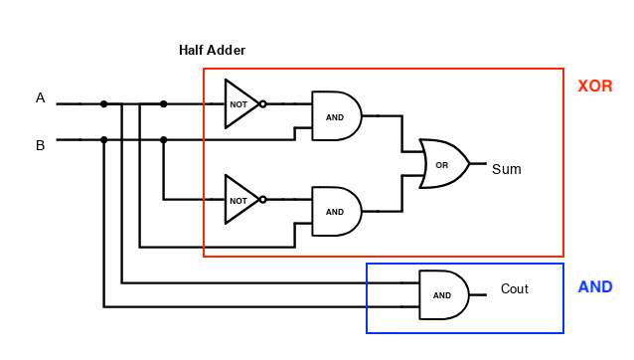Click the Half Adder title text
[212, 50]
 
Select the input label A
[41, 97]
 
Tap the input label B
[41, 145]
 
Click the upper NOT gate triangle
[239, 103]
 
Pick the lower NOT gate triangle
[239, 199]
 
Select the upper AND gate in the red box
[336, 115]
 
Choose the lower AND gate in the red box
[336, 211]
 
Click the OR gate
[443, 164]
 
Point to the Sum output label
[506, 169]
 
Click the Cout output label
[514, 289]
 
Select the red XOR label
[594, 87]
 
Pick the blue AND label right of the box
[595, 287]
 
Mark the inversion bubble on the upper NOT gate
[262, 103]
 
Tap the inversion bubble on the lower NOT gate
[262, 199]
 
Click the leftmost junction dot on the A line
[103, 103]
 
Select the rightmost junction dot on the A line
[163, 103]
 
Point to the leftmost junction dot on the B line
[103, 139]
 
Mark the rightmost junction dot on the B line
[163, 139]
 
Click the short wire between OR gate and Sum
[477, 163]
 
